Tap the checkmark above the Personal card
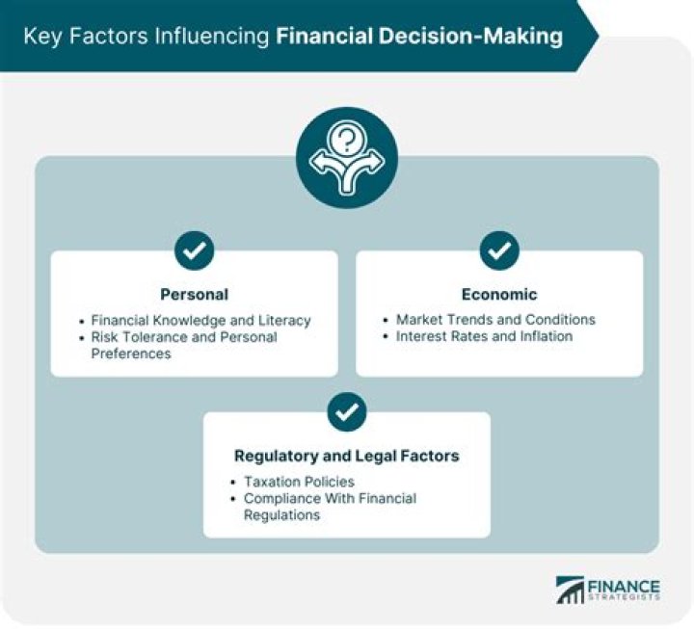coord(194,251)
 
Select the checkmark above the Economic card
coord(499,251)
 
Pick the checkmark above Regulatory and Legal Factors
coord(346,412)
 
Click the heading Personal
coord(194,294)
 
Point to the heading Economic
coord(498,294)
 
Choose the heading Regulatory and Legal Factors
coord(346,456)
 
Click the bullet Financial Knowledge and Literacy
coord(200,319)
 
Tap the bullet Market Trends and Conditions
coord(495,319)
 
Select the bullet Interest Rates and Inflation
coord(484,336)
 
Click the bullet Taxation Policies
coord(299,481)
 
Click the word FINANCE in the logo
coord(626,586)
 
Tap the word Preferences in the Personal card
coord(130,354)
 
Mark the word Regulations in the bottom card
coord(281,515)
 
